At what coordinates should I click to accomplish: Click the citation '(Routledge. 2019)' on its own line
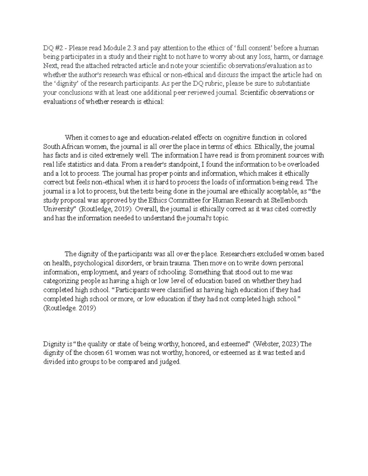pyautogui.click(x=70, y=308)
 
